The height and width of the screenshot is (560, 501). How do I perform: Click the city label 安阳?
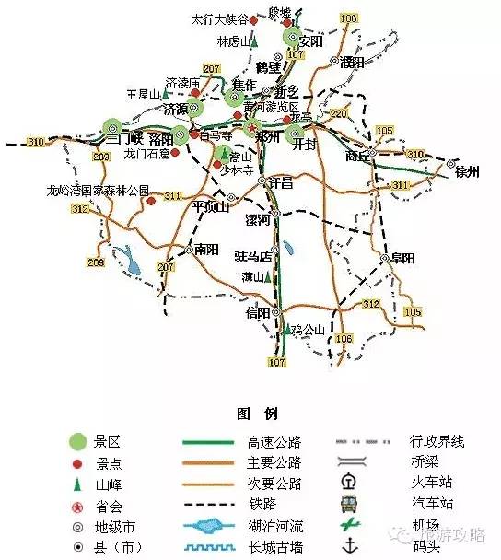(311, 41)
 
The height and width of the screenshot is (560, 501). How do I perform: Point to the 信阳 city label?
(258, 313)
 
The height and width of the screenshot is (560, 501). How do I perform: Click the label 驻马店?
(252, 255)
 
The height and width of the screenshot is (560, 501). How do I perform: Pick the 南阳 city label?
(205, 249)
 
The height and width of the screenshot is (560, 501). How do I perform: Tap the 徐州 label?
(467, 171)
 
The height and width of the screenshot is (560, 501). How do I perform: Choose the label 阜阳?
(403, 257)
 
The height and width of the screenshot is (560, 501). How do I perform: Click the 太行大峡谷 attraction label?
(218, 18)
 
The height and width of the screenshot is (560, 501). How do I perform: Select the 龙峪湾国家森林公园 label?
(98, 191)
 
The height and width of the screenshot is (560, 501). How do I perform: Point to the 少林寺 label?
(236, 169)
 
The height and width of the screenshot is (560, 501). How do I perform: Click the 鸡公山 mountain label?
(308, 329)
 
